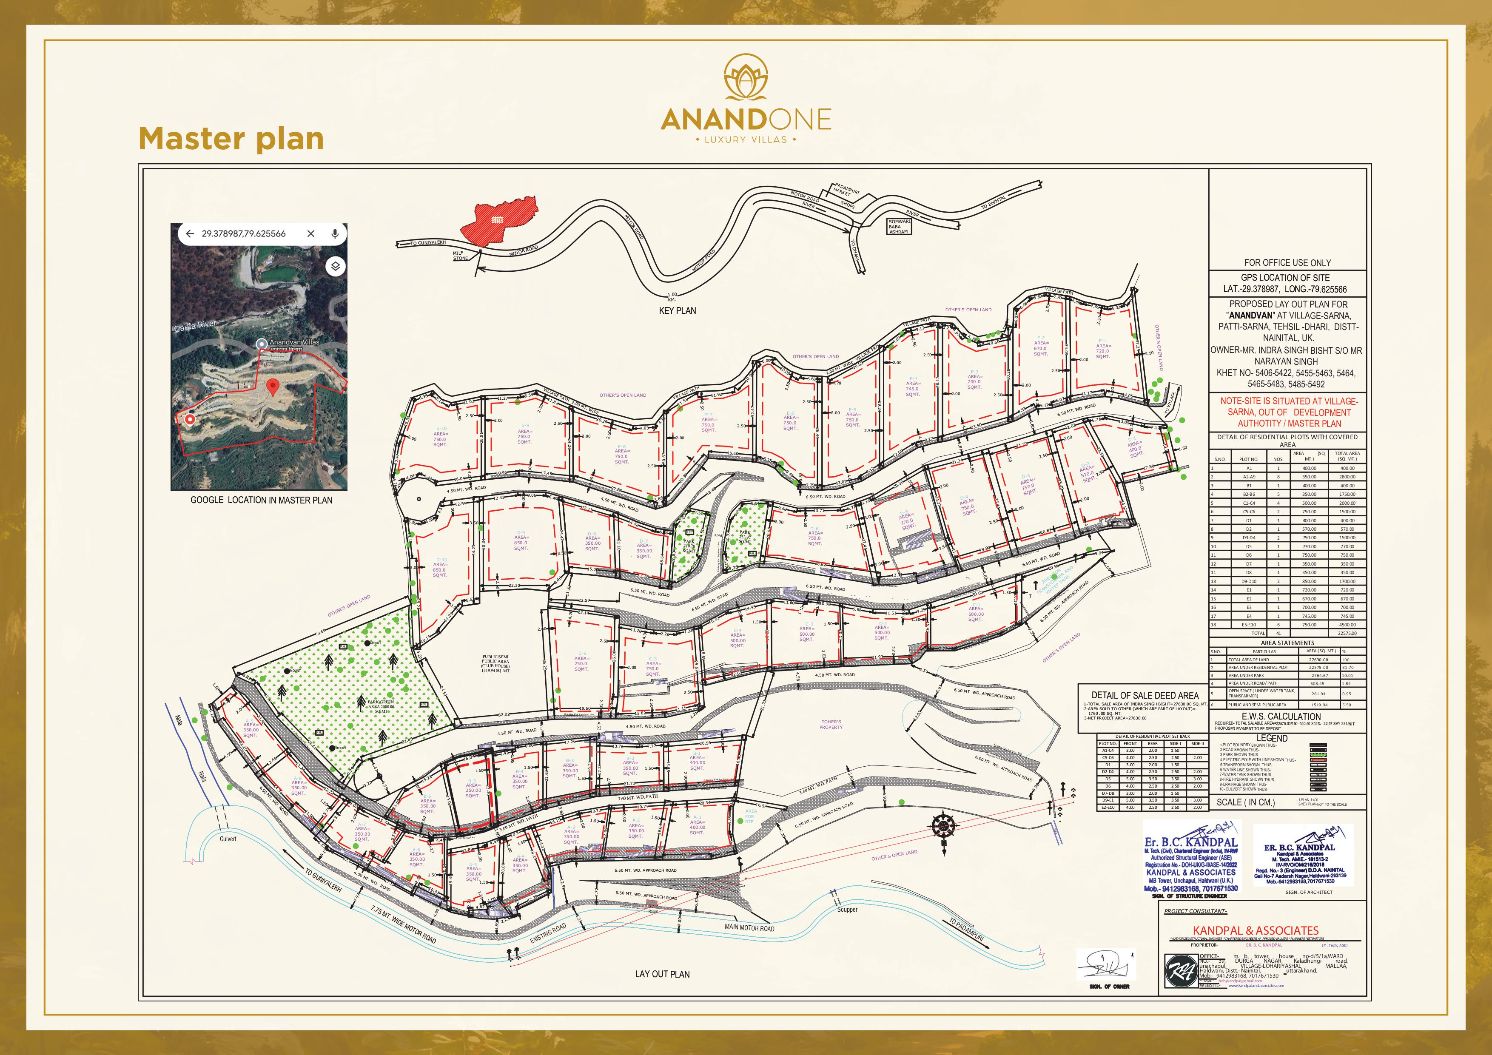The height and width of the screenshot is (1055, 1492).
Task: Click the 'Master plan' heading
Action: (231, 139)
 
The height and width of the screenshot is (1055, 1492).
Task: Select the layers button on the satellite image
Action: (335, 266)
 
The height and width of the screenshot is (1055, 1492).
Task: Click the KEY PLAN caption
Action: (677, 310)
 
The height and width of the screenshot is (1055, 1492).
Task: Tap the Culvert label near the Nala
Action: (228, 839)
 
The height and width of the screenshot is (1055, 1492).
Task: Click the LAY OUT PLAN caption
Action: (662, 974)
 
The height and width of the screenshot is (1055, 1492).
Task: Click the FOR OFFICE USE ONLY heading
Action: (1287, 262)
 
